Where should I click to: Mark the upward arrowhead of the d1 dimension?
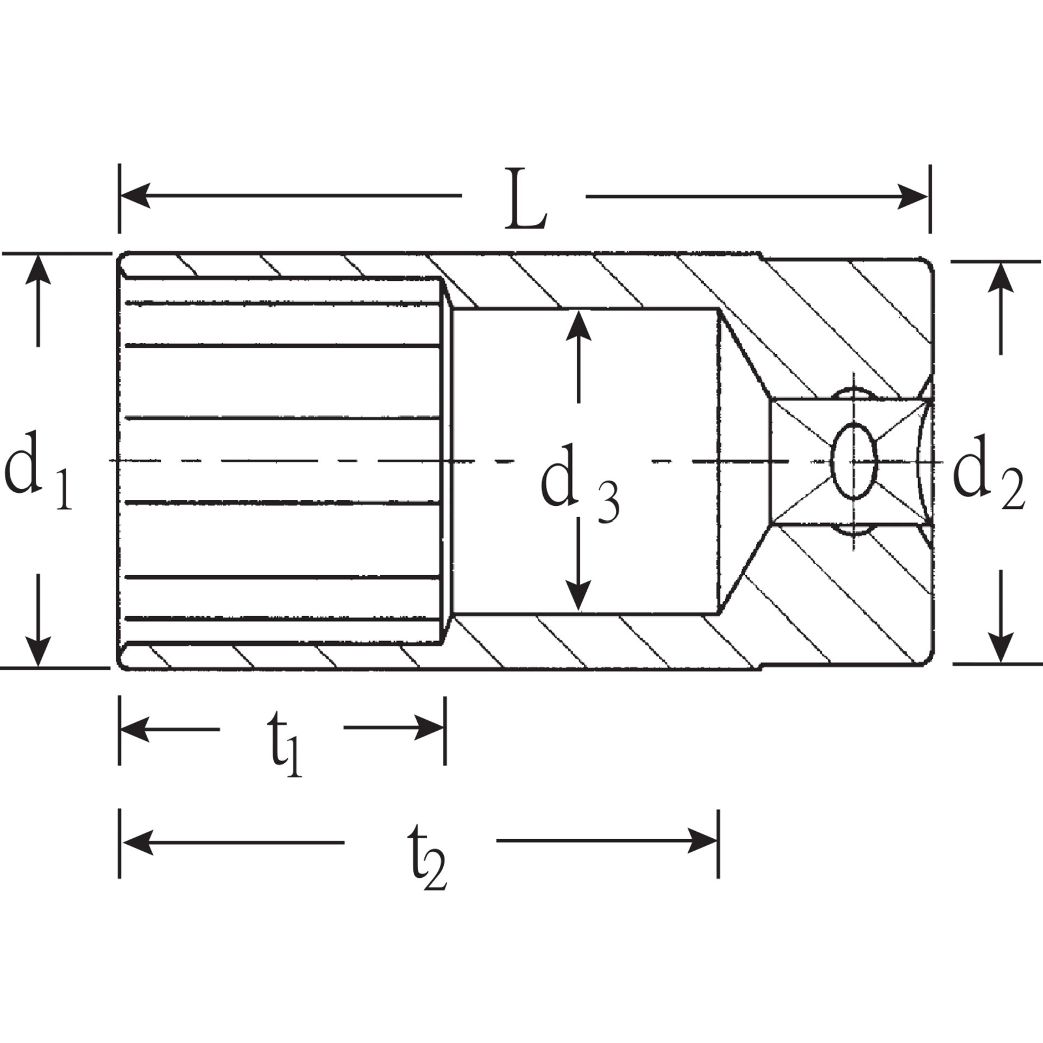coord(37,269)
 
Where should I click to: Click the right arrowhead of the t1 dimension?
coord(430,728)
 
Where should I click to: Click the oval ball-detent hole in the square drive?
coord(854,461)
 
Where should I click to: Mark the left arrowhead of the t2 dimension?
coord(136,843)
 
